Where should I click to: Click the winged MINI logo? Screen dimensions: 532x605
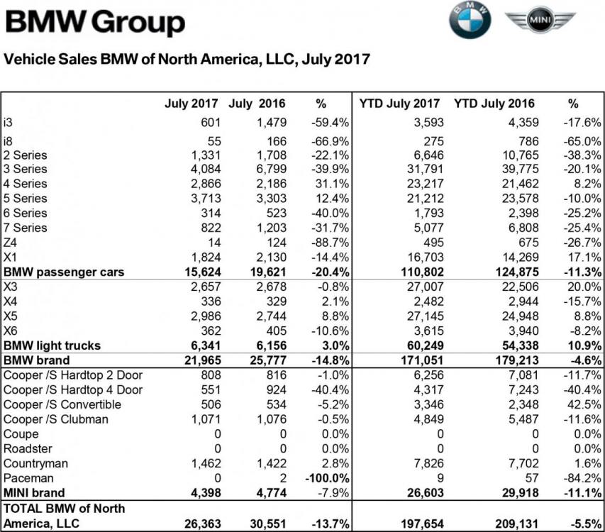tap(540, 21)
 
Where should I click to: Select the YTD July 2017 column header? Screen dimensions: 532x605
tap(400, 104)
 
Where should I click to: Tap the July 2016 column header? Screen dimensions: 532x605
tap(257, 104)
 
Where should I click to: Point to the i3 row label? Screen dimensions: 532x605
tap(9, 122)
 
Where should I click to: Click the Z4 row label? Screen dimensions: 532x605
tap(11, 243)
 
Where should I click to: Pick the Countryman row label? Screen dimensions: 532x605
tap(36, 463)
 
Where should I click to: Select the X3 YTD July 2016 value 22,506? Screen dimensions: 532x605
tap(516, 287)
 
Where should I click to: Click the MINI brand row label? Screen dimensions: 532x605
tap(34, 492)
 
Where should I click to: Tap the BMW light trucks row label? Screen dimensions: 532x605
tap(52, 345)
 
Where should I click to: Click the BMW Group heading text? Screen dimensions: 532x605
tap(95, 23)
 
